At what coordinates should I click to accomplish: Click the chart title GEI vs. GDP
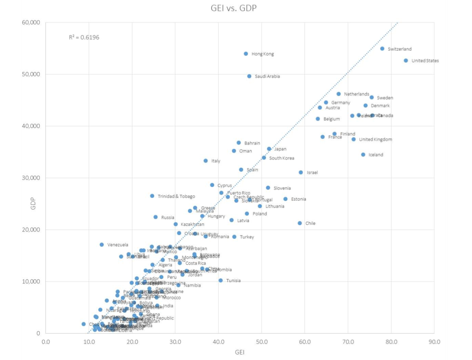coord(234,8)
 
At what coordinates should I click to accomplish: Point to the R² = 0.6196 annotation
coord(84,37)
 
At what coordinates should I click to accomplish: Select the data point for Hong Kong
coord(246,54)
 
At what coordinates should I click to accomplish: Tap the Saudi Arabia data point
coord(249,76)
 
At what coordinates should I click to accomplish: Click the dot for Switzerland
coord(382,49)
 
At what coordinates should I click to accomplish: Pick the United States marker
coord(406,61)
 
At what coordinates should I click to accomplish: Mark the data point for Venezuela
coord(102,245)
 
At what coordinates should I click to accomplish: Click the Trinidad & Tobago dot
coord(152,196)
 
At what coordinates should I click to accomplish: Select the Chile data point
coord(300,223)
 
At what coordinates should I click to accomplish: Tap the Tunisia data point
coord(221,281)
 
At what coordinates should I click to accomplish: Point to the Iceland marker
coord(363,155)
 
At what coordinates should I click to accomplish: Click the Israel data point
coord(301,173)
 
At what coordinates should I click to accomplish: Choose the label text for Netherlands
coord(356,94)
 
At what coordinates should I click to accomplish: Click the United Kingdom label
coord(376,140)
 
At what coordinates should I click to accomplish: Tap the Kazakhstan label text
coord(192,225)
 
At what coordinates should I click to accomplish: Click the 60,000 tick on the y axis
coord(31,23)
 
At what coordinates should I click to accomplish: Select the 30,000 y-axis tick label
coord(31,178)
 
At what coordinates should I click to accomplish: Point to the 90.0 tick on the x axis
coord(434,342)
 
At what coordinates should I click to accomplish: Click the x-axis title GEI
coord(240,352)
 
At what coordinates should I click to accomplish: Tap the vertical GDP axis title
coord(33,203)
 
